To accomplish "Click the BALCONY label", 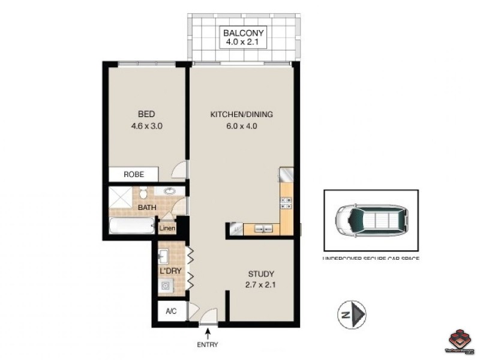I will pyautogui.click(x=244, y=32).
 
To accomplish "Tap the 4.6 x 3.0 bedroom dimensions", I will pyautogui.click(x=146, y=126).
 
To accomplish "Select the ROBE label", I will pyautogui.click(x=133, y=175).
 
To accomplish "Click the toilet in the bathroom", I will pyautogui.click(x=143, y=194).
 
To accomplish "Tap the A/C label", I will pyautogui.click(x=170, y=312).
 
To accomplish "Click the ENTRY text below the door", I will pyautogui.click(x=208, y=344).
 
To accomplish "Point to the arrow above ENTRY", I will pyautogui.click(x=208, y=332).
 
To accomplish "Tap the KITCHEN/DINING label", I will pyautogui.click(x=241, y=114).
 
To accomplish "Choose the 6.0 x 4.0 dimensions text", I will pyautogui.click(x=241, y=126).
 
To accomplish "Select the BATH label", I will pyautogui.click(x=147, y=208).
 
